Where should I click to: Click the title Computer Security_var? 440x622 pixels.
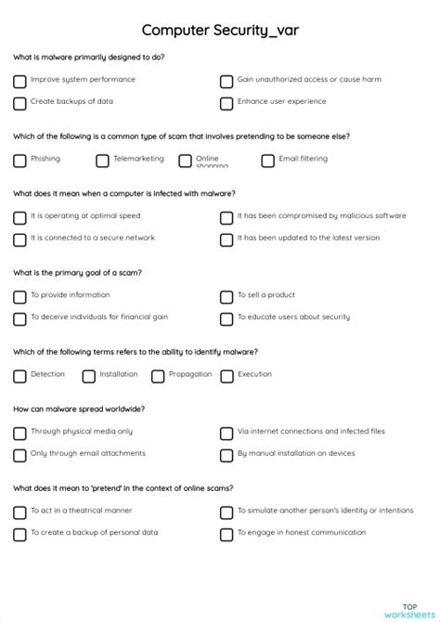[x=220, y=31]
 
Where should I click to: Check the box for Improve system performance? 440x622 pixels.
[x=19, y=81]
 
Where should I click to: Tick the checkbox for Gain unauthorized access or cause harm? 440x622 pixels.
[x=226, y=81]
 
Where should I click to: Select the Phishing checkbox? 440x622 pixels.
[x=19, y=161]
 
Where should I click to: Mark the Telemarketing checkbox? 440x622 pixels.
[x=102, y=161]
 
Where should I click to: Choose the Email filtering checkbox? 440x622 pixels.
[x=267, y=161]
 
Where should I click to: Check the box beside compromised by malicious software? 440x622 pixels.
[x=226, y=218]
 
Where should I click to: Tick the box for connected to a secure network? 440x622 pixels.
[x=19, y=240]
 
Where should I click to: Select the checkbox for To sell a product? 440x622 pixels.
[x=226, y=297]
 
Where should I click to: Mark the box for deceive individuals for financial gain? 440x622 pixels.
[x=19, y=319]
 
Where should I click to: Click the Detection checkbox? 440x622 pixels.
[x=19, y=376]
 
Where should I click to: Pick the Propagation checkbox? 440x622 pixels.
[x=158, y=376]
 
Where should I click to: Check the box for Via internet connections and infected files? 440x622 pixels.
[x=226, y=434]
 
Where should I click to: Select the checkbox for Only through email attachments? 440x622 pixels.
[x=19, y=456]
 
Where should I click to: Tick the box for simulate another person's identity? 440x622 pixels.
[x=226, y=512]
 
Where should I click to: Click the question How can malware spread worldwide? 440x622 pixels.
[x=79, y=408]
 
